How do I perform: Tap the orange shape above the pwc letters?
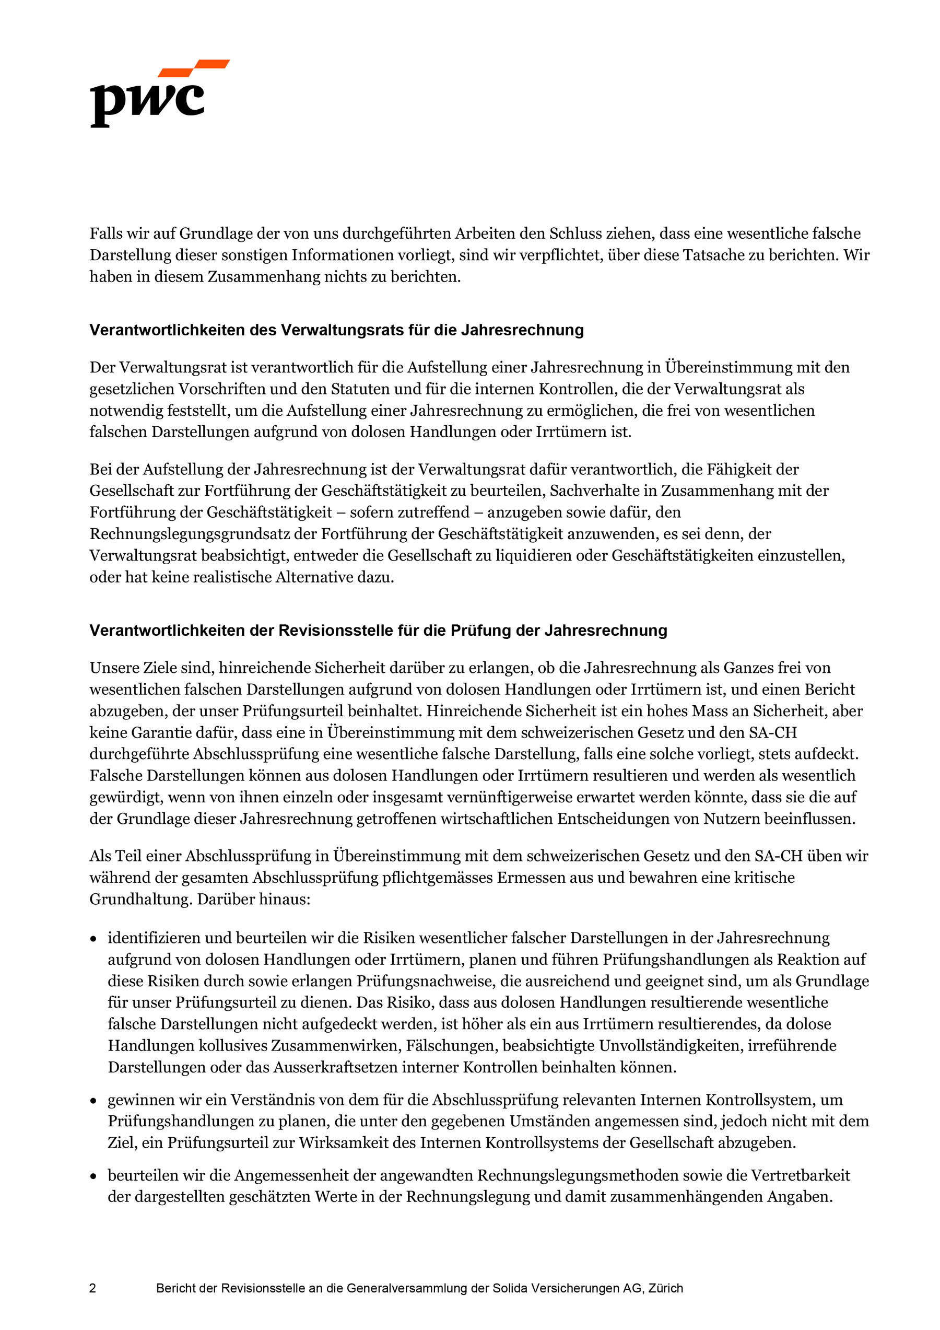click(x=194, y=67)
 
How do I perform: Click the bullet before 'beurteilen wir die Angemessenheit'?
click(x=93, y=1176)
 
